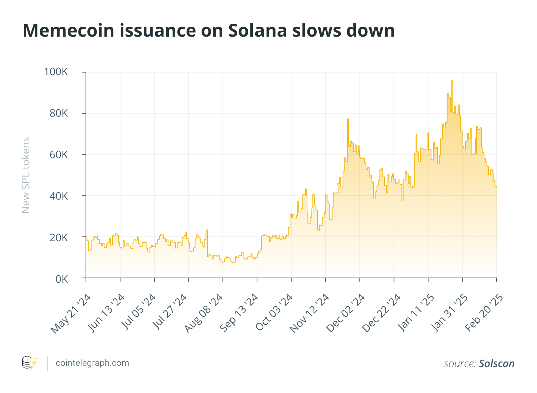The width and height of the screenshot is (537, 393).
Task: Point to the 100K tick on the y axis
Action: point(56,72)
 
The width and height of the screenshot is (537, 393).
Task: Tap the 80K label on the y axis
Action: point(59,113)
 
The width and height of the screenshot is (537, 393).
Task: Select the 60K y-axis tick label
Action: point(59,154)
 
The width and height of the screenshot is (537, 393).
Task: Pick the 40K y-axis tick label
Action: point(59,196)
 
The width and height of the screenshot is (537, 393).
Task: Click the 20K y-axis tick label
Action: point(59,237)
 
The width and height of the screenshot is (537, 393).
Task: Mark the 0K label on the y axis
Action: point(61,279)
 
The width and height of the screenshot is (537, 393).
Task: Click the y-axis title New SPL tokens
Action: point(26,175)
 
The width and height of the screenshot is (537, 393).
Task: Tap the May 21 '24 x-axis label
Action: point(71,313)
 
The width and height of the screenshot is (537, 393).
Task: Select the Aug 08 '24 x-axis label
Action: point(204,313)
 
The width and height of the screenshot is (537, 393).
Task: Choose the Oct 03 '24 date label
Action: point(274,312)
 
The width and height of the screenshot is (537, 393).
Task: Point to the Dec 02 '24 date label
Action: point(346,313)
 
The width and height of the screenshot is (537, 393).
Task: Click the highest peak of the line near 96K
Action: point(452,81)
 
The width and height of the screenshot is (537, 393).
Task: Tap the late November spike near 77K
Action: point(348,119)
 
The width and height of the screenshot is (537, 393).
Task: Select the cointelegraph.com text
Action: point(92,363)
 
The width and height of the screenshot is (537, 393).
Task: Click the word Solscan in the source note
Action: point(497,363)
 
